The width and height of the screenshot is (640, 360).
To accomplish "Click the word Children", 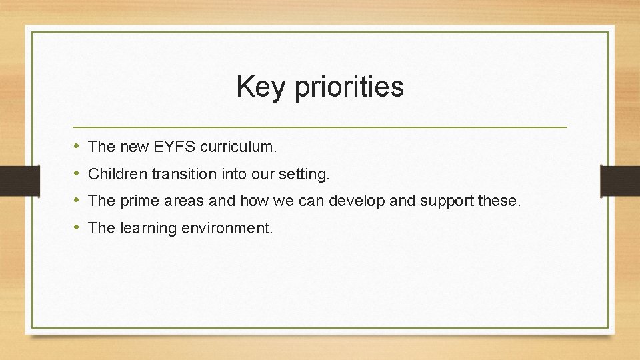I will pyautogui.click(x=117, y=173).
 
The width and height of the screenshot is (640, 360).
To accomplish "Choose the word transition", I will pyautogui.click(x=182, y=173).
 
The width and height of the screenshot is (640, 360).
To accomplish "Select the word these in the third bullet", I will pyautogui.click(x=497, y=201).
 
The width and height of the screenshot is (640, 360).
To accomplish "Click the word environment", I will pyautogui.click(x=227, y=228).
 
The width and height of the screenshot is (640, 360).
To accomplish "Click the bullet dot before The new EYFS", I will pyautogui.click(x=77, y=145).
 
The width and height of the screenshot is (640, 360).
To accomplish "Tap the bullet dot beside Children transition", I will pyautogui.click(x=77, y=173).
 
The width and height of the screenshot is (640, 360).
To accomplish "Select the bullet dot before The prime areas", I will pyautogui.click(x=77, y=201).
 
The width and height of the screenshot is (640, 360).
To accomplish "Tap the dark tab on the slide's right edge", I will pyautogui.click(x=620, y=179).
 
